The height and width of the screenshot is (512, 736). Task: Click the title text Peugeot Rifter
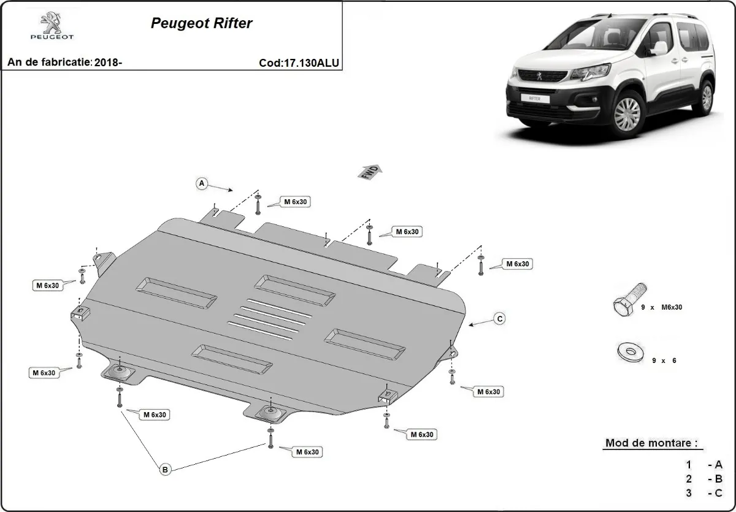[201, 24]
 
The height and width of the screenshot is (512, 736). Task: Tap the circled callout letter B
[164, 470]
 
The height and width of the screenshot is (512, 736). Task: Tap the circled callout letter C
[500, 318]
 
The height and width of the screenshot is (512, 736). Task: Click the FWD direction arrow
[370, 171]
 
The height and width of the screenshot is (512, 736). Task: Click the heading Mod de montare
[651, 443]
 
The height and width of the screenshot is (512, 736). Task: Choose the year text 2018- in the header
[109, 63]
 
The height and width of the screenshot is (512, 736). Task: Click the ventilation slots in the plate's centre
[267, 318]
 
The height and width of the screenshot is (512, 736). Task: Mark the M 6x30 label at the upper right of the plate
[517, 264]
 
